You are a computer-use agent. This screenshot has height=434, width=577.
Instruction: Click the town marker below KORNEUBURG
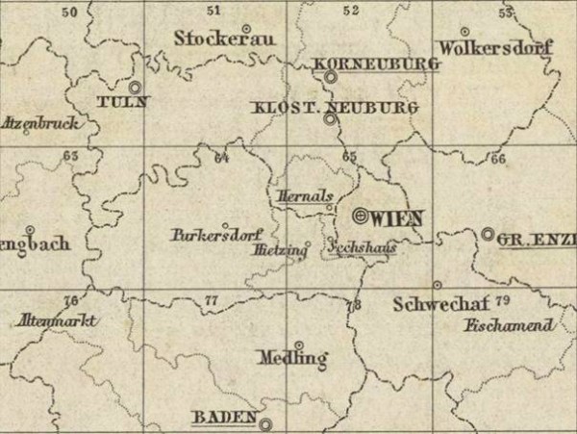click(x=330, y=76)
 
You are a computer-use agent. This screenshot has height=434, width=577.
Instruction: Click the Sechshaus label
click(x=362, y=247)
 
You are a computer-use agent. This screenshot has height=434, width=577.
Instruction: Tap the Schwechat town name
click(x=436, y=305)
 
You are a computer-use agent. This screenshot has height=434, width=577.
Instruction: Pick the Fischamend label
click(x=509, y=325)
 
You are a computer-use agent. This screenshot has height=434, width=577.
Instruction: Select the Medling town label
click(x=293, y=358)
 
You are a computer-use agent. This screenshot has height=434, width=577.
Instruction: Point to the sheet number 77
click(x=212, y=301)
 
